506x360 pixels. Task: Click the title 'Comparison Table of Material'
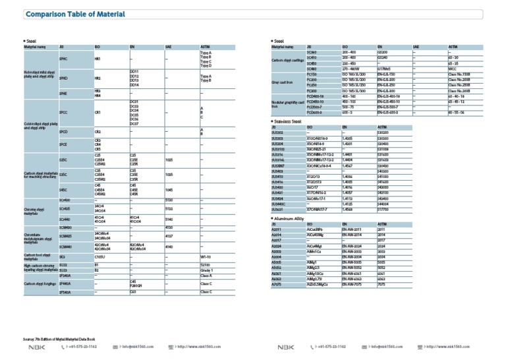[68, 15]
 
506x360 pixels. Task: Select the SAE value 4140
[169, 247]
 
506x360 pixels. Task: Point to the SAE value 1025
[169, 160]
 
